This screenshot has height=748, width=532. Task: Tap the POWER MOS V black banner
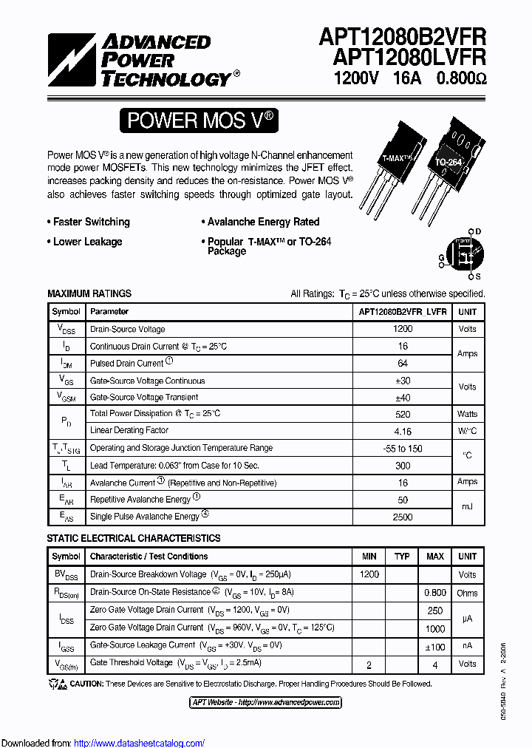pyautogui.click(x=199, y=120)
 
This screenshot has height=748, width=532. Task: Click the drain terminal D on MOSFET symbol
pyautogui.click(x=478, y=231)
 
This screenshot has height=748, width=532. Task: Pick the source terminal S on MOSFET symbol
pyautogui.click(x=478, y=276)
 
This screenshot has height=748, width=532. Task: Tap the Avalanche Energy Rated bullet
pyautogui.click(x=261, y=222)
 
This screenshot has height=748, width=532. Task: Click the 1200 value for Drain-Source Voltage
pyautogui.click(x=403, y=329)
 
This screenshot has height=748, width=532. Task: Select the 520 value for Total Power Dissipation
pyautogui.click(x=403, y=414)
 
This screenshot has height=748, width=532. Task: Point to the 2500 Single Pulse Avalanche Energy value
pyautogui.click(x=403, y=517)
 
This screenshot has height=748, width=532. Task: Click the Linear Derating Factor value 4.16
pyautogui.click(x=403, y=431)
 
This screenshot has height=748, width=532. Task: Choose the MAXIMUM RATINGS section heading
pyautogui.click(x=89, y=293)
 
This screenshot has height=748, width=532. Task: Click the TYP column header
pyautogui.click(x=402, y=556)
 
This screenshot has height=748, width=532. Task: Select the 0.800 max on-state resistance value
pyautogui.click(x=435, y=593)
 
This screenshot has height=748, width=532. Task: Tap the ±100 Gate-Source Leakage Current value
pyautogui.click(x=435, y=647)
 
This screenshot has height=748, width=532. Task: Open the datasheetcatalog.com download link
pyautogui.click(x=140, y=743)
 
